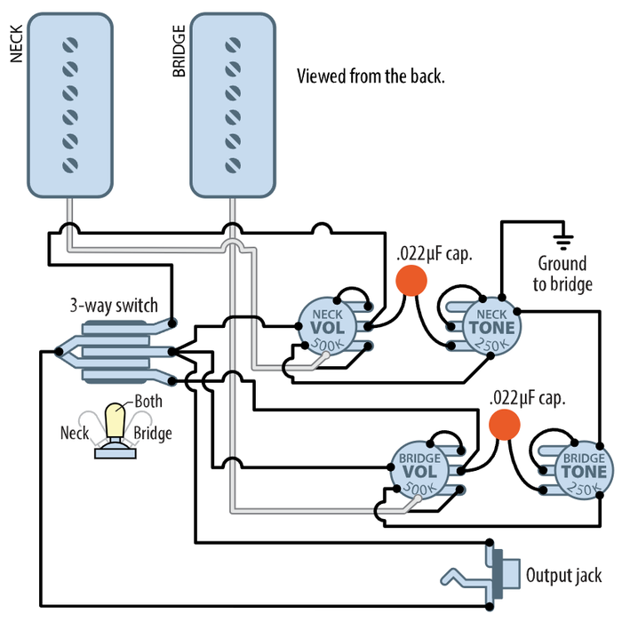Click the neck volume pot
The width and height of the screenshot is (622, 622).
coord(328,323)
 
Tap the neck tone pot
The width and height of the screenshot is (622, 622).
coord(485,324)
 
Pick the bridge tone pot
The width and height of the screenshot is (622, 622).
coord(583,470)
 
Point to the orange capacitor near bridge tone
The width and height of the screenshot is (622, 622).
coord(505,424)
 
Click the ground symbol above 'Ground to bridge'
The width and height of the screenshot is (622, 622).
coord(562,239)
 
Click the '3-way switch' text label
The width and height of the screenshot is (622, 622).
coord(114,305)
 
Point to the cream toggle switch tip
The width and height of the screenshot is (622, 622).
coord(115,419)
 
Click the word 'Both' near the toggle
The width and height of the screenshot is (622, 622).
coord(148,401)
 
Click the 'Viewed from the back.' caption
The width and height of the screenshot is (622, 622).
coord(371,76)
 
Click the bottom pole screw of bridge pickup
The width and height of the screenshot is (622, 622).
coord(233,164)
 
